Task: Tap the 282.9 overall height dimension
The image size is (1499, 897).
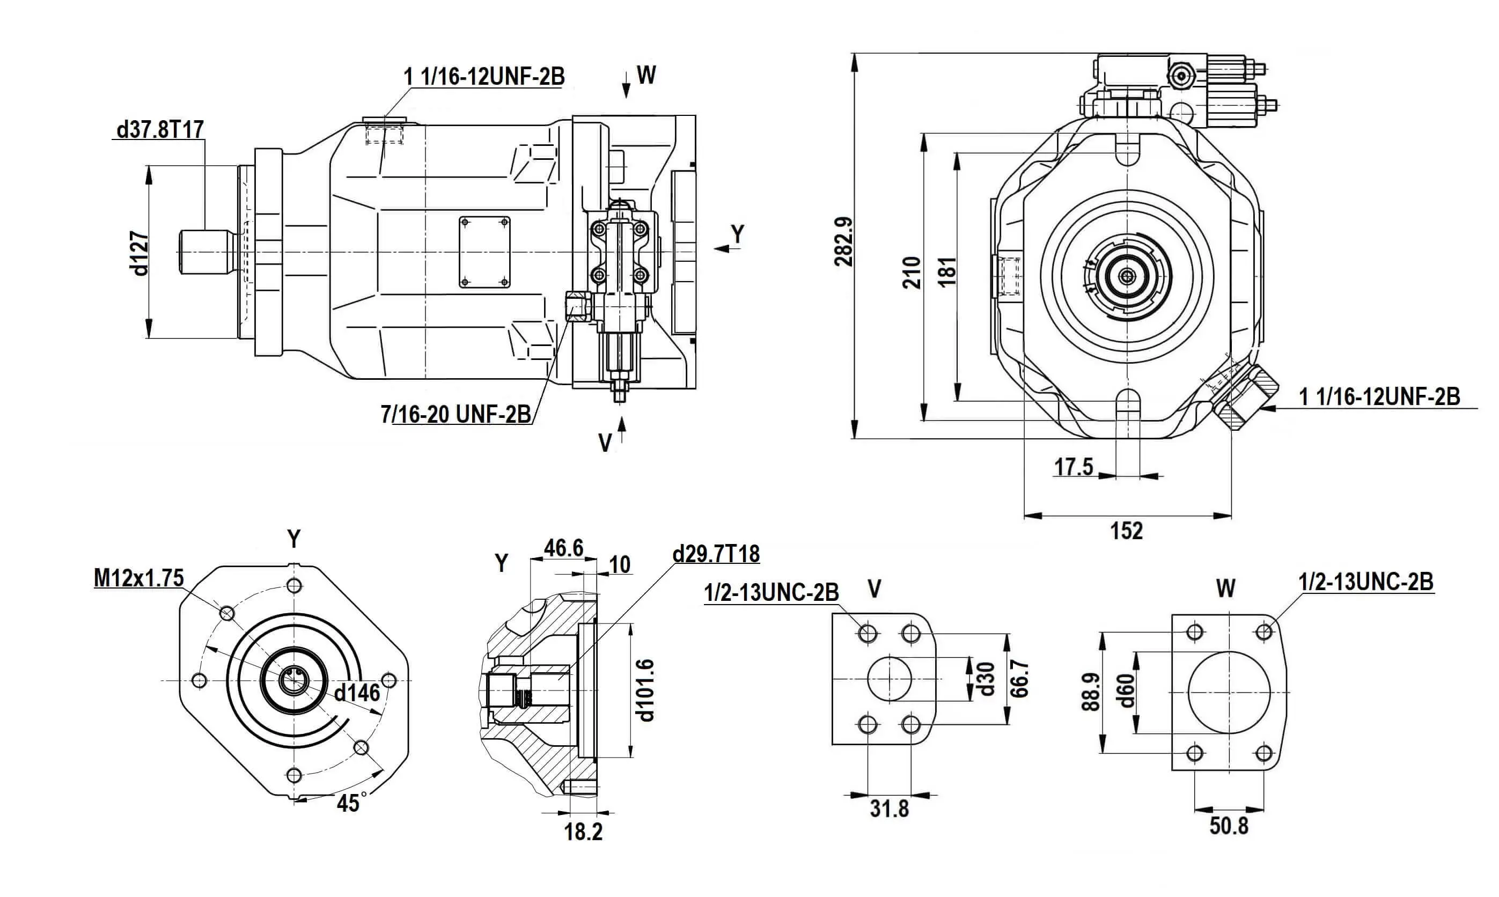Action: tap(844, 242)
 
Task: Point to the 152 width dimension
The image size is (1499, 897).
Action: tap(1127, 531)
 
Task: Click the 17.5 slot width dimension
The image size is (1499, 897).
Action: tap(1074, 467)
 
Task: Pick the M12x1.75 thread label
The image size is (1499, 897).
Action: tap(138, 578)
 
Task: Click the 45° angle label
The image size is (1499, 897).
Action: tap(349, 803)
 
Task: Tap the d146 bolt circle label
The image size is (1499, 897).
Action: tap(357, 693)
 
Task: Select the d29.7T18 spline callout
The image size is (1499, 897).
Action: tap(716, 554)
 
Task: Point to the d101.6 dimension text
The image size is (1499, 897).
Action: tap(646, 690)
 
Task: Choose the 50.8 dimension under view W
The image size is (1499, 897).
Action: tap(1229, 826)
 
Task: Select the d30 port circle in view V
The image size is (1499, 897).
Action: tap(889, 679)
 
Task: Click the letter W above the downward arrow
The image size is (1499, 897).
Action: tap(646, 76)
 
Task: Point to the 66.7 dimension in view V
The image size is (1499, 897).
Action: tap(1019, 678)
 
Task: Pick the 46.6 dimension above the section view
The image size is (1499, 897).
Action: tap(563, 548)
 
